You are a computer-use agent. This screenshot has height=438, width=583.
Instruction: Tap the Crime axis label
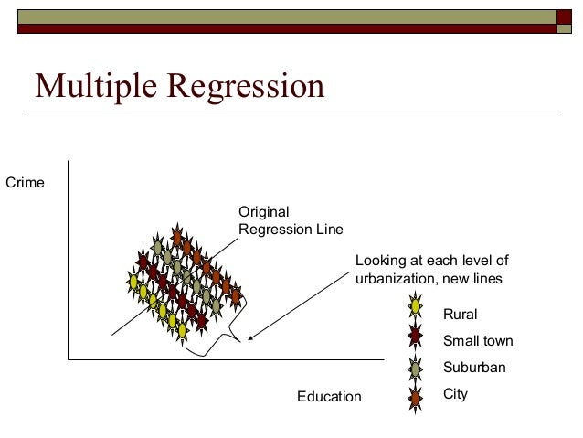[x=26, y=184]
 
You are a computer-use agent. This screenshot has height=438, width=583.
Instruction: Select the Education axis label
[x=330, y=397]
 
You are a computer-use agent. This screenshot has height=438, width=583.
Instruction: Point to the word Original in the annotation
[x=263, y=212]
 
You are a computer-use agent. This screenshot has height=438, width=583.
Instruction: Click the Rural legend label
[x=460, y=315]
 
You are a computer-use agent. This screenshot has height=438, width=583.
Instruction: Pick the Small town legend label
[x=477, y=341]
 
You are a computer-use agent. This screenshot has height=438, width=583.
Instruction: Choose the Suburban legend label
[x=474, y=369]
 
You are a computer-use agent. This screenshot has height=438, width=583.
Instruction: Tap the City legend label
[x=455, y=395]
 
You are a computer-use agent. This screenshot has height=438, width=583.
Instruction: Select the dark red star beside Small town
[x=416, y=336]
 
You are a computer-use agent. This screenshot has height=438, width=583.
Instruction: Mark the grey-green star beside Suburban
[x=416, y=368]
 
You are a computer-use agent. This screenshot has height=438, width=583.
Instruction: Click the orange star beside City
[x=416, y=397]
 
